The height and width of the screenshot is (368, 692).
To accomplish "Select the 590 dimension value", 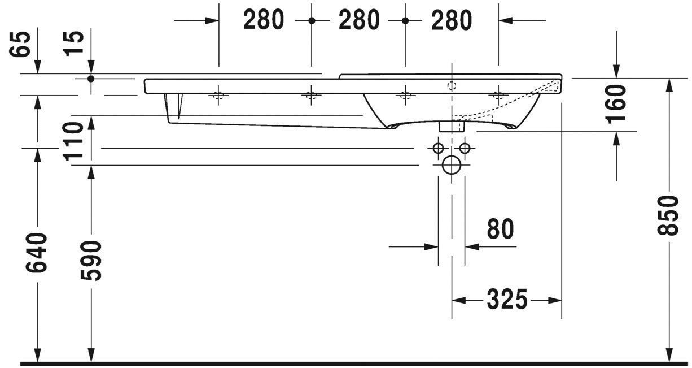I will pos(90,260).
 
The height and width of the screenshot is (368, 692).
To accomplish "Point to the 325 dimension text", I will pos(507,300).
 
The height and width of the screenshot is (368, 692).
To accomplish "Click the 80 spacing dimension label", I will pos(500,230).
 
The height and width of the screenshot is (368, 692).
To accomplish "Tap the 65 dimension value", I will pos(21,44).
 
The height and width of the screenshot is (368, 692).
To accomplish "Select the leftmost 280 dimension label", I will pos(264,20).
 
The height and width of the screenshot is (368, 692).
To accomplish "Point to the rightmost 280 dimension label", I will pos(451,20).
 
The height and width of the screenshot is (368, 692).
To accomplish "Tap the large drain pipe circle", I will pos(451,165).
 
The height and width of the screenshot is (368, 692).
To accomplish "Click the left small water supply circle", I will pos(437,148).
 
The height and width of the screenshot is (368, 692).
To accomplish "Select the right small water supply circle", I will pos(465,148).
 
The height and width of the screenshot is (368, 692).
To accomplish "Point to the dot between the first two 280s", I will pos(311,20).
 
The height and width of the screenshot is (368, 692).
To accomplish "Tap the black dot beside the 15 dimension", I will pos(91,78).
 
